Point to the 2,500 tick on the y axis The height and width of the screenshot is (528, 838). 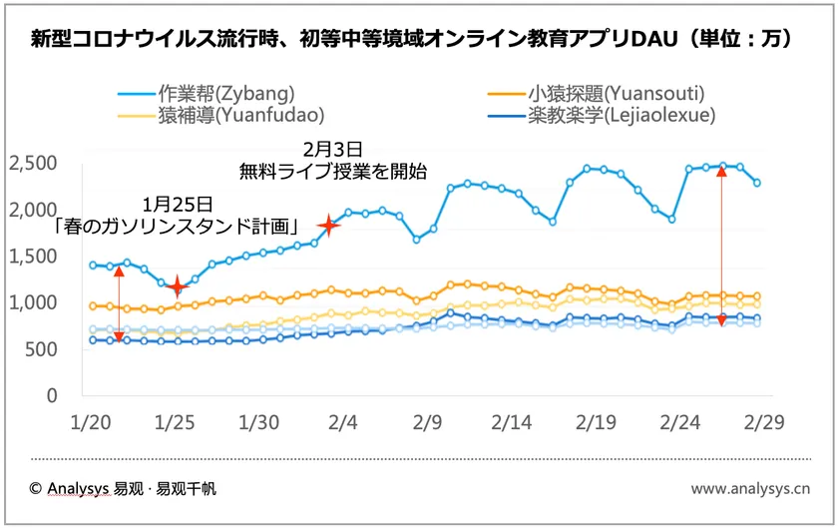pos(32,163)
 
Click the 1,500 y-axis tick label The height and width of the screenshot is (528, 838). pos(32,257)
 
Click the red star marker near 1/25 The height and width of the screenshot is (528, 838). pos(178,286)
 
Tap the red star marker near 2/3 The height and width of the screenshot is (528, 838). pos(328,226)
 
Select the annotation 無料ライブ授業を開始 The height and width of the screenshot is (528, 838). pos(332,172)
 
